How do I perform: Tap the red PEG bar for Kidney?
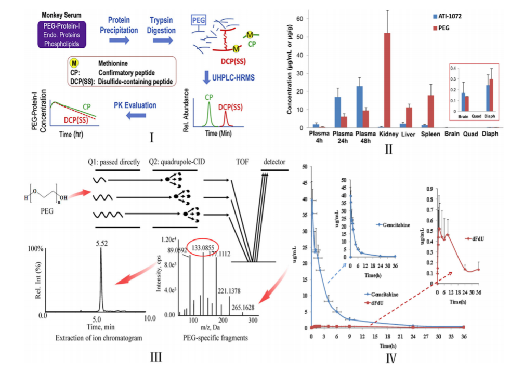coord(386,80)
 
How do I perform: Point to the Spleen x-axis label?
coord(429,134)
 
